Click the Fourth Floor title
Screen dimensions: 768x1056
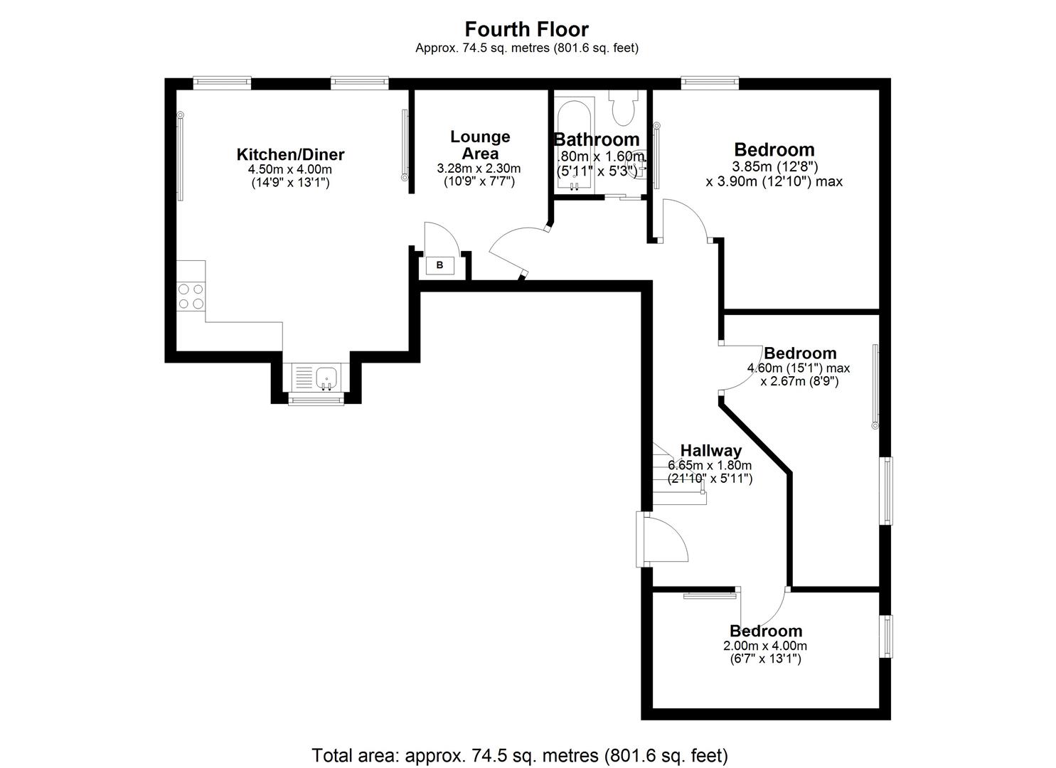click(x=526, y=29)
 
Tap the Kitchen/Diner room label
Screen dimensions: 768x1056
click(x=290, y=154)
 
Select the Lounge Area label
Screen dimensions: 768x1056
click(x=480, y=145)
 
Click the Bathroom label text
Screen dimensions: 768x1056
click(x=597, y=139)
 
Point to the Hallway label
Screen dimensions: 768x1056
click(x=710, y=450)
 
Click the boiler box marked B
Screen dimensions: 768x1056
click(x=439, y=266)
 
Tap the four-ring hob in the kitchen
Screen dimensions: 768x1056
click(x=191, y=297)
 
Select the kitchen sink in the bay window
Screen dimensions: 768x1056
click(x=326, y=377)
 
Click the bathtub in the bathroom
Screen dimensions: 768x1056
click(x=573, y=146)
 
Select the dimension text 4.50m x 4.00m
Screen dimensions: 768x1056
click(x=290, y=169)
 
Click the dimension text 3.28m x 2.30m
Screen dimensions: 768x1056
click(x=479, y=169)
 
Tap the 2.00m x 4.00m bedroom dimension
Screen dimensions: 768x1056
click(x=765, y=646)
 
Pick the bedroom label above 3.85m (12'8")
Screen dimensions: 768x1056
click(x=774, y=149)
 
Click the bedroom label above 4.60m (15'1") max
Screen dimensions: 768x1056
click(x=800, y=353)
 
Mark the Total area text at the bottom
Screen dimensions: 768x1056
click(x=520, y=754)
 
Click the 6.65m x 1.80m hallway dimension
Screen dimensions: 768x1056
click(x=710, y=465)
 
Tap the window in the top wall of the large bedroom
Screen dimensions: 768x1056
click(x=709, y=83)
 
